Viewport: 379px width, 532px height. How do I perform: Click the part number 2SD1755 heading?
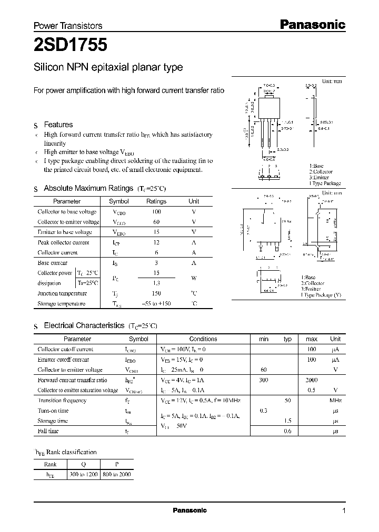coord(71,45)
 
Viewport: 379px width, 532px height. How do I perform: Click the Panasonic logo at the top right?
coord(311,24)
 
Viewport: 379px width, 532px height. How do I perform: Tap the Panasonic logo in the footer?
coord(190,510)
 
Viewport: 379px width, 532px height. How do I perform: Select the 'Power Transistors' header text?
coord(68,25)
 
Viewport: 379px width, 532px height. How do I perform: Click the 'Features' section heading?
coord(58,125)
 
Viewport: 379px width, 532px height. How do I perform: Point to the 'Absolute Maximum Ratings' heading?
coord(88,188)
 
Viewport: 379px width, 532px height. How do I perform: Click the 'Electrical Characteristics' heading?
coord(84,326)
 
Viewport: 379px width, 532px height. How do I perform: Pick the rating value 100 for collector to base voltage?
coord(156,212)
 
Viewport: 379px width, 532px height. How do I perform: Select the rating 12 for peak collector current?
coord(156,242)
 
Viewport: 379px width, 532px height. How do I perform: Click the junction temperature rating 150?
coord(156,293)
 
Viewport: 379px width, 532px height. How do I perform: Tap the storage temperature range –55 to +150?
coord(156,304)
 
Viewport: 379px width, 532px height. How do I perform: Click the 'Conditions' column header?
coord(203,339)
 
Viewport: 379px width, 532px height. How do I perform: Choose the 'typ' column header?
coord(287,339)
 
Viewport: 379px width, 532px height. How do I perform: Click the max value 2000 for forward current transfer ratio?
coord(311,380)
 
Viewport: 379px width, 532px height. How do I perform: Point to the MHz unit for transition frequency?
coord(335,401)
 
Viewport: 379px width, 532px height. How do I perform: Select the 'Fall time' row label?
coord(48,431)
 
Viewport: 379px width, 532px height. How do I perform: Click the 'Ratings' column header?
coord(156,201)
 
